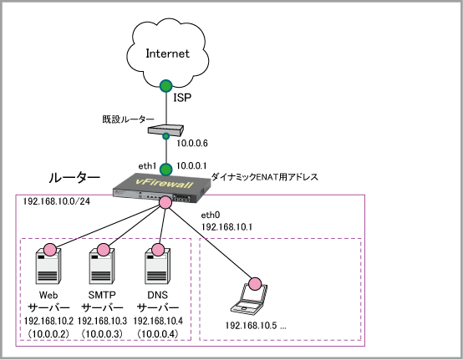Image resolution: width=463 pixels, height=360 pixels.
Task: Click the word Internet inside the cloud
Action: point(167,53)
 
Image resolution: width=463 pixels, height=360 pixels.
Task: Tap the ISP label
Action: point(182,98)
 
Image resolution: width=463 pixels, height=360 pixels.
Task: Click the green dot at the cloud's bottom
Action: point(166,86)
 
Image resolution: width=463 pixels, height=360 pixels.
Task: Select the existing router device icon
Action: point(165,130)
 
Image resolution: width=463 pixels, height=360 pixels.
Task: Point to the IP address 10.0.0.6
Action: point(192,144)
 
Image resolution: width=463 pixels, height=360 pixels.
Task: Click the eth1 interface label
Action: point(147,166)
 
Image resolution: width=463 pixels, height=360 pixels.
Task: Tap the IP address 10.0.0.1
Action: point(191,166)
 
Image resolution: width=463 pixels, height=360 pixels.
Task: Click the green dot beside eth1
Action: point(166,170)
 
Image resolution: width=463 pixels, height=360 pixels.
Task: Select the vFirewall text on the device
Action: point(164,183)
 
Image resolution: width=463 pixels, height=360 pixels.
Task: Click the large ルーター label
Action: point(74,178)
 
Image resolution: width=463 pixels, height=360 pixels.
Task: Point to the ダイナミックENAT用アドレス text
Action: point(265,177)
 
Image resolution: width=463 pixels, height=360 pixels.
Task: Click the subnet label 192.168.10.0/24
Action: point(56,201)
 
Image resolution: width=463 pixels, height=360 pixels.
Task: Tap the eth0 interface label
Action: point(211,215)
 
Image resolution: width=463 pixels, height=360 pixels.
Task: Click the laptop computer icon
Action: point(249,298)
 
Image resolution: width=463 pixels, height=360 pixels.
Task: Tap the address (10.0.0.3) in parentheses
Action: point(102,334)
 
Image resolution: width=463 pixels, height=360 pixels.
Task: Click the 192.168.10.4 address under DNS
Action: point(158,321)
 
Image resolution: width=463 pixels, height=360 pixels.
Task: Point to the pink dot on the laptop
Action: point(255,284)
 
